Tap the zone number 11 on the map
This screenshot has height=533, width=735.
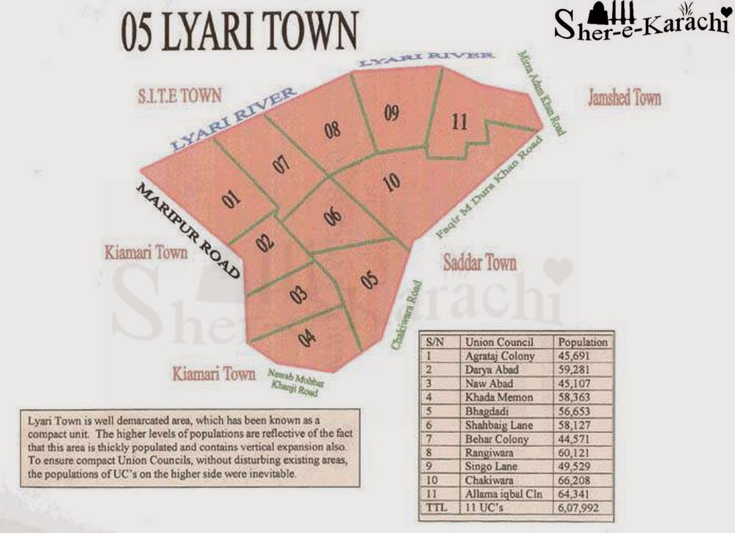[459, 123]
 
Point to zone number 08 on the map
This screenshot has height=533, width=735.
[332, 131]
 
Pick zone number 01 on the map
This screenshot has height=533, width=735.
[232, 198]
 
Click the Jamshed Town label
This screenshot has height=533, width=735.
[623, 97]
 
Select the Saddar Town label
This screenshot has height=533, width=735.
[480, 262]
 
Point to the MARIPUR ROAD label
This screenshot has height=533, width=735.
[190, 229]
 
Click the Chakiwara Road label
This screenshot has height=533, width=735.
[406, 316]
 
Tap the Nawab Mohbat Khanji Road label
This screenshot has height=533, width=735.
[294, 382]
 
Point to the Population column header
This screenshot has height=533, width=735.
[583, 343]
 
